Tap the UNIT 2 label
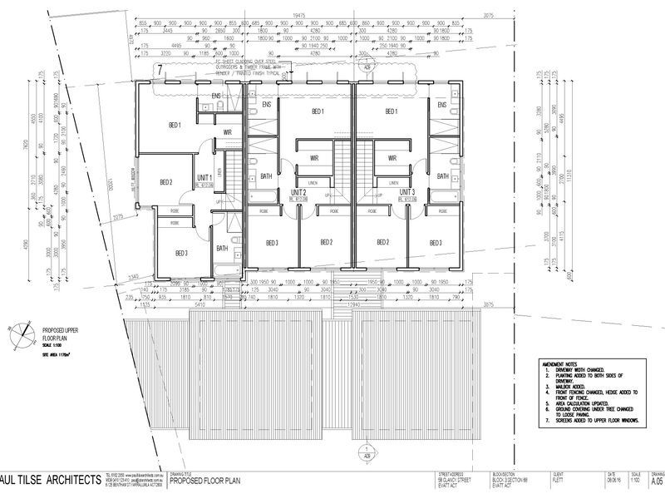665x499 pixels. [300, 191]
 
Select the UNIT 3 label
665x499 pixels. [407, 191]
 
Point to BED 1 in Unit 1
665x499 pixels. [175, 126]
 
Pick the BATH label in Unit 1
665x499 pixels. [222, 248]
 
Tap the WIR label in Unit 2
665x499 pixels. [315, 158]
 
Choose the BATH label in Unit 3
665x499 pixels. [443, 176]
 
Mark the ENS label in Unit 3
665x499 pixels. [442, 105]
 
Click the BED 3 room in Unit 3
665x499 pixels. [436, 243]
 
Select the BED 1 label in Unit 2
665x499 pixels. [317, 111]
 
